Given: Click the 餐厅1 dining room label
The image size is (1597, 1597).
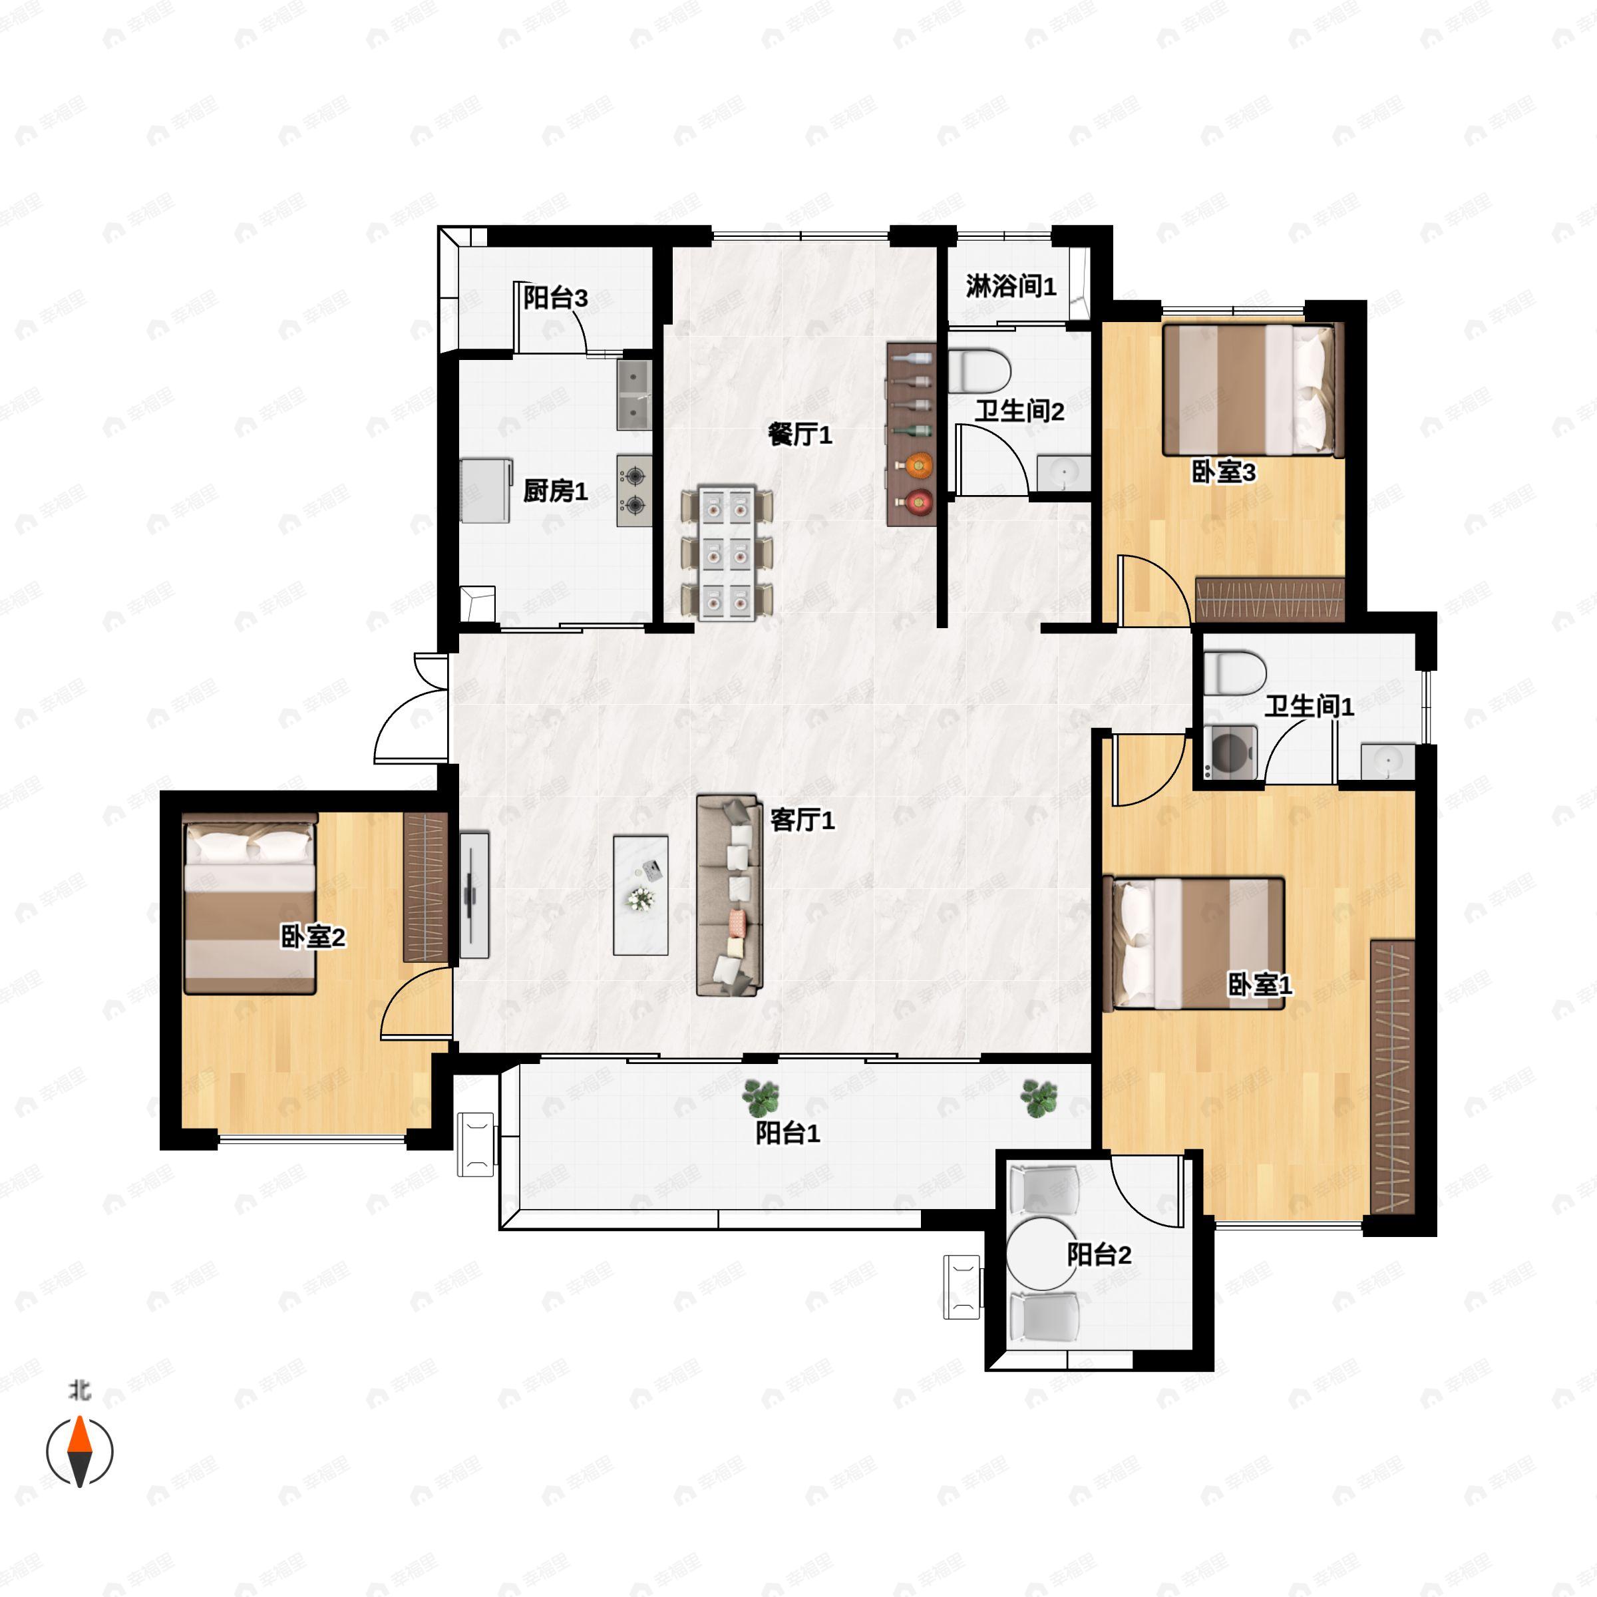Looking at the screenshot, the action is (799, 434).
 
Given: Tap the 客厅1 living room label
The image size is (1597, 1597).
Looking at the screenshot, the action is (802, 820).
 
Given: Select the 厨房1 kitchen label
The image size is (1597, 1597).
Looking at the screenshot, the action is (555, 491).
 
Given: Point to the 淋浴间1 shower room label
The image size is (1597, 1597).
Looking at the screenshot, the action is (1011, 286).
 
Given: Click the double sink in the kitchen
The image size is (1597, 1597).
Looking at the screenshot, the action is (634, 395).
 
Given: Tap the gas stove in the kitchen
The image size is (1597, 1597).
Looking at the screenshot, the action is (634, 491).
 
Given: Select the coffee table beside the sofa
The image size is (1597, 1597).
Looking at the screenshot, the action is (641, 895).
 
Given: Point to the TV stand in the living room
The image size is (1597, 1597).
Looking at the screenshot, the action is (474, 895).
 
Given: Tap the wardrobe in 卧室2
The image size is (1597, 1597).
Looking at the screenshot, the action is (425, 888).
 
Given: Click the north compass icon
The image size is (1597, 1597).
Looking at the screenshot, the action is (79, 1451).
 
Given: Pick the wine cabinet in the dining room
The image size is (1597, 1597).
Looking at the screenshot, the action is (911, 435).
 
